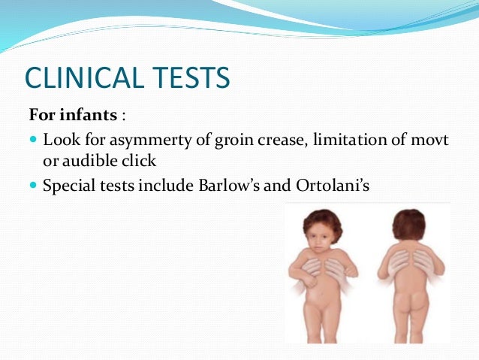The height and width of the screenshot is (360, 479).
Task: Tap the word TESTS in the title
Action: click(192, 79)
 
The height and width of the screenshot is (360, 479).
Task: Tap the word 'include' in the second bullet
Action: click(161, 183)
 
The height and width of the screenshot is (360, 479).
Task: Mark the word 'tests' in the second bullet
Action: click(116, 183)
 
